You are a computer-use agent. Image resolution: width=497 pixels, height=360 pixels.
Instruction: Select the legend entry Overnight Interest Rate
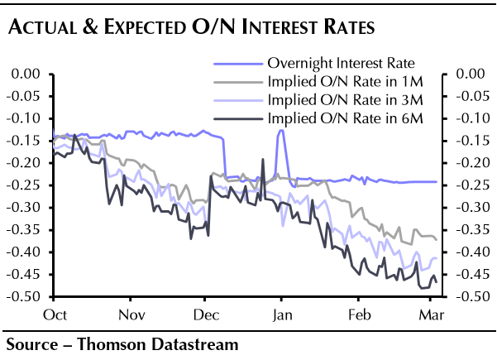pyautogui.click(x=341, y=62)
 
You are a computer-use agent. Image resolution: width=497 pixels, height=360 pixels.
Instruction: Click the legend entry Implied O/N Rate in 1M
pyautogui.click(x=341, y=82)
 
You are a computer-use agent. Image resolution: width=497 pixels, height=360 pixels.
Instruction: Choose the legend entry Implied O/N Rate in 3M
pyautogui.click(x=341, y=101)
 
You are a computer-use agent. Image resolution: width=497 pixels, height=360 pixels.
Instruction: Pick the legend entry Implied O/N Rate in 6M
pyautogui.click(x=341, y=120)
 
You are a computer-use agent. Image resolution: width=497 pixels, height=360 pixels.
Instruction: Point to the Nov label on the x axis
pyautogui.click(x=131, y=315)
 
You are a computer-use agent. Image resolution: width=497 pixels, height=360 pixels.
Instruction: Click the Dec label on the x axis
pyautogui.click(x=205, y=315)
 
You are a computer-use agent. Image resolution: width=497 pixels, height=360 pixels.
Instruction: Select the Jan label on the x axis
pyautogui.click(x=282, y=315)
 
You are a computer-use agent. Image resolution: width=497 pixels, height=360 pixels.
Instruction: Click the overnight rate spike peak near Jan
pyautogui.click(x=281, y=131)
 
